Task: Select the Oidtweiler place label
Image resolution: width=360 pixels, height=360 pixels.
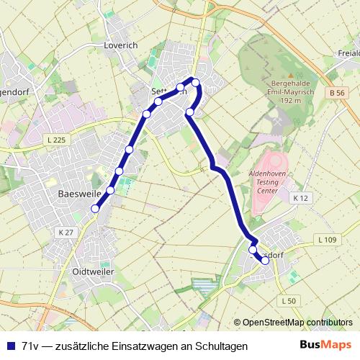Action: pyautogui.click(x=94, y=271)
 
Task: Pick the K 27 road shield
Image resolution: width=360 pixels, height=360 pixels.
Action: pyautogui.click(x=65, y=232)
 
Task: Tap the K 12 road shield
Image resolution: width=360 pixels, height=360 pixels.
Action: pyautogui.click(x=300, y=197)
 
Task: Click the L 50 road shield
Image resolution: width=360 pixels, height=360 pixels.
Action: pyautogui.click(x=289, y=300)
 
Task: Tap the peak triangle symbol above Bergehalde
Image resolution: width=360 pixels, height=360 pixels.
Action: pyautogui.click(x=291, y=74)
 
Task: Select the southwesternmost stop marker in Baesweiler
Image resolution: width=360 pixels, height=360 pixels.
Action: pyautogui.click(x=95, y=209)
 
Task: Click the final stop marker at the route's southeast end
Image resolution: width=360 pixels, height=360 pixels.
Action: pyautogui.click(x=265, y=261)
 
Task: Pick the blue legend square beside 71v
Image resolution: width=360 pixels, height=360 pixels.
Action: pyautogui.click(x=9, y=346)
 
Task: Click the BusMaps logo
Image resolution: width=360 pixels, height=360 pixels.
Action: pyautogui.click(x=325, y=346)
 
